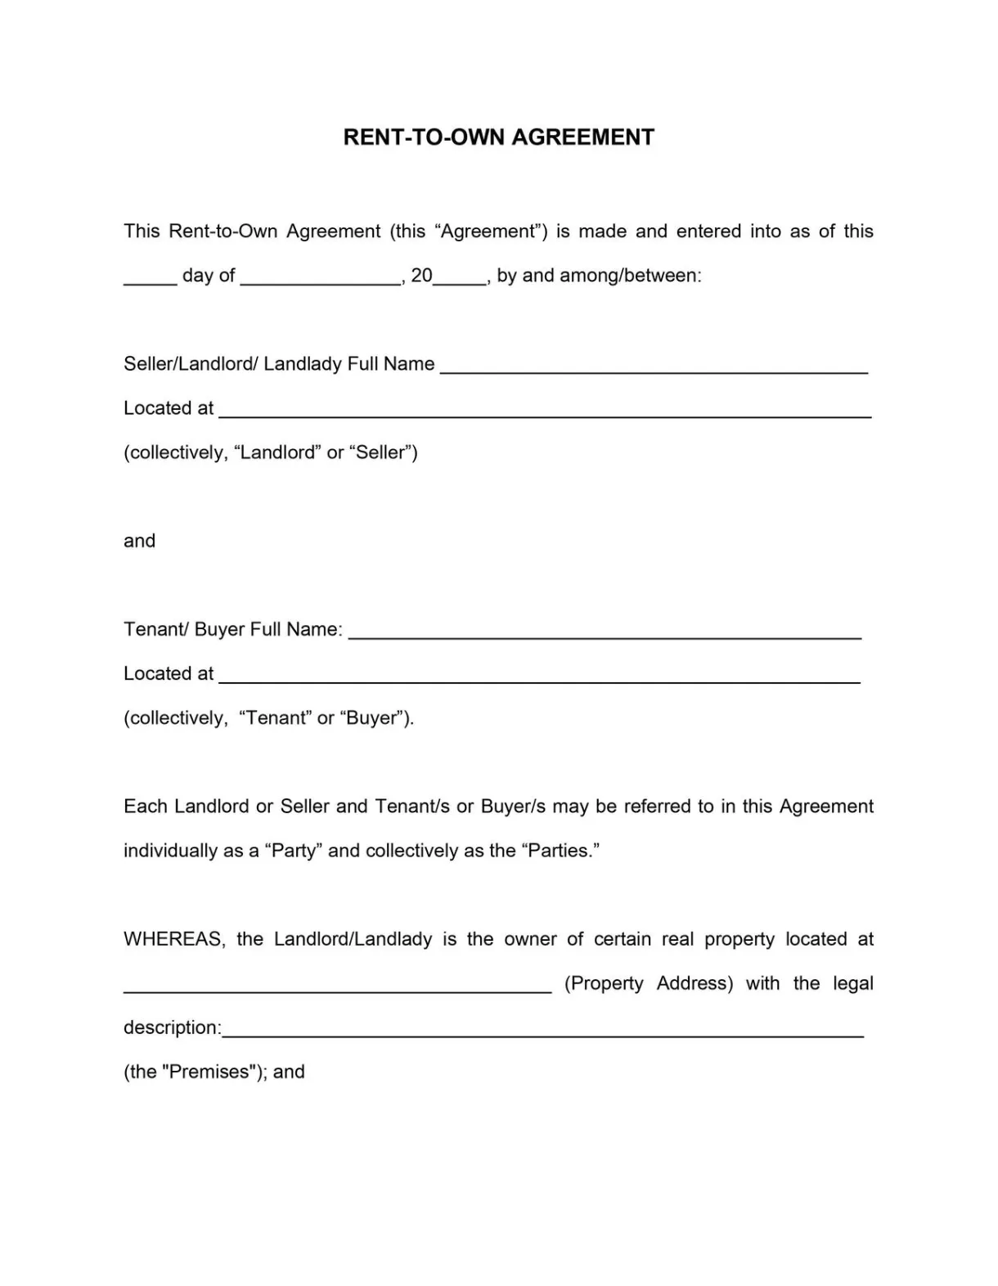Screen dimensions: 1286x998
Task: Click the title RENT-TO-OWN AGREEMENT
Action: [498, 137]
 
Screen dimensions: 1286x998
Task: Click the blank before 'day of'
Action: [150, 278]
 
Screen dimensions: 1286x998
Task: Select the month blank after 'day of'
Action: [321, 278]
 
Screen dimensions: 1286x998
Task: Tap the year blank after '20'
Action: [460, 278]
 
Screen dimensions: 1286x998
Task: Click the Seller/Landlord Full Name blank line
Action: [653, 367]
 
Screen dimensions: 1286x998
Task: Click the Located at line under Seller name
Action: [545, 411]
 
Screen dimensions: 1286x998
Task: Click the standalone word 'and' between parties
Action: [139, 541]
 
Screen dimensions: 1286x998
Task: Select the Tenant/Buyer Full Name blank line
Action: [605, 632]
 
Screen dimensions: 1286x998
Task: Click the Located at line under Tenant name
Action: [540, 677]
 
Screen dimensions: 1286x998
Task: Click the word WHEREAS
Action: [173, 939]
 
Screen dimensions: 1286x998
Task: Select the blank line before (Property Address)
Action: [337, 987]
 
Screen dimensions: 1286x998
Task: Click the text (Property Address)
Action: [649, 983]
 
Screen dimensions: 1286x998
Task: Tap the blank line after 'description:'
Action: [542, 1031]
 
